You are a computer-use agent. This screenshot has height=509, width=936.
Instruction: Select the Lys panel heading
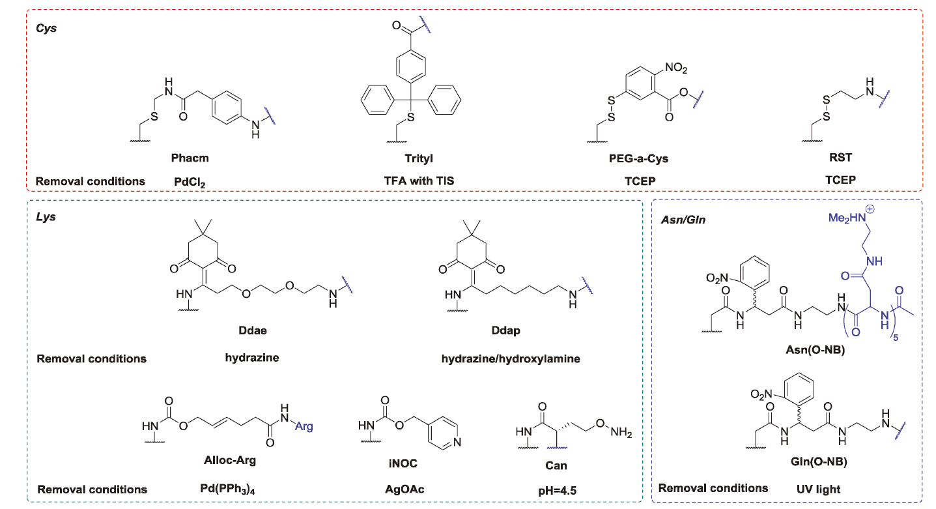(46, 217)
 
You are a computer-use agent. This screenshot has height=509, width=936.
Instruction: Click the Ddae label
(254, 331)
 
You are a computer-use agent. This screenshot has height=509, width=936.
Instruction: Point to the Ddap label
(506, 331)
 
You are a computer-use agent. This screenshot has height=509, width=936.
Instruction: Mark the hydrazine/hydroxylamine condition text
(506, 358)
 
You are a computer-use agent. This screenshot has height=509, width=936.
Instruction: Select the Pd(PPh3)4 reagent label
(230, 489)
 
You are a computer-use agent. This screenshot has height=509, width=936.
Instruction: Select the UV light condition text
(819, 487)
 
